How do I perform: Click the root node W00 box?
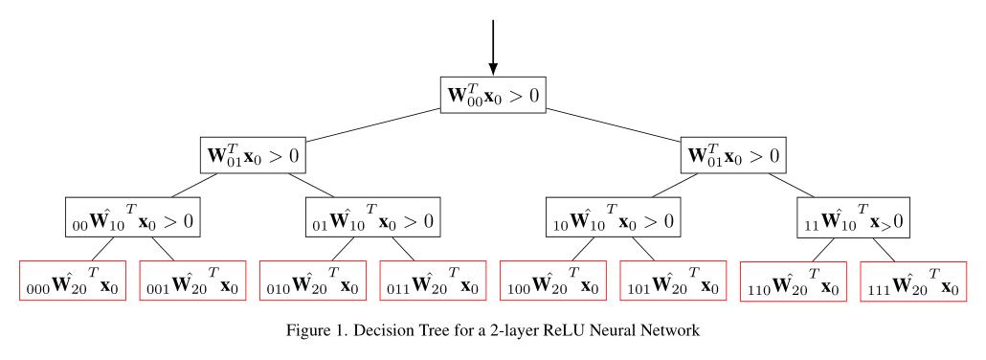[492, 95]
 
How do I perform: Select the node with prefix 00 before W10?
[132, 218]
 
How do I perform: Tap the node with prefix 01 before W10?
[372, 218]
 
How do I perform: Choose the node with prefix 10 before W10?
[613, 218]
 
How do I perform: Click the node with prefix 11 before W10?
[853, 218]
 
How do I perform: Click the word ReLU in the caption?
[566, 332]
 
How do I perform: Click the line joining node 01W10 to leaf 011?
[402, 249]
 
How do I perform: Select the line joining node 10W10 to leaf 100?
[583, 249]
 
